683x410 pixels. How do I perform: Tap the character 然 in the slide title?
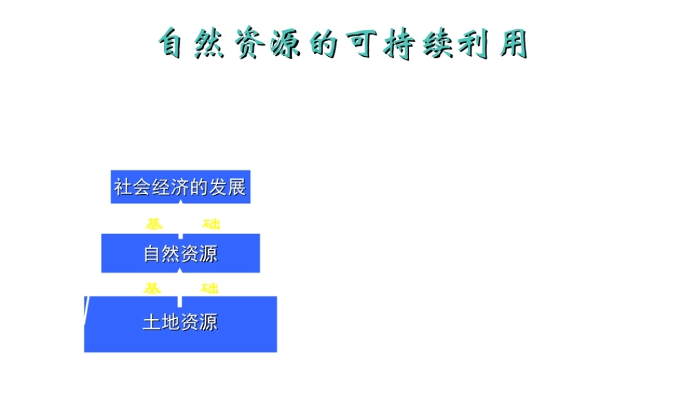point(212,45)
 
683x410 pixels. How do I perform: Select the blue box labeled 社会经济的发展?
point(180,187)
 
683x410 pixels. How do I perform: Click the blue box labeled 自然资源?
point(180,254)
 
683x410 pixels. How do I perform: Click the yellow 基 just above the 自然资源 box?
point(154,224)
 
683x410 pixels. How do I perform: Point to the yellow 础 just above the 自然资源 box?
point(212,224)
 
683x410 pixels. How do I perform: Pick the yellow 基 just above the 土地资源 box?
point(152,288)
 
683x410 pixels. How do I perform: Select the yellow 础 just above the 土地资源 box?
point(210,288)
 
